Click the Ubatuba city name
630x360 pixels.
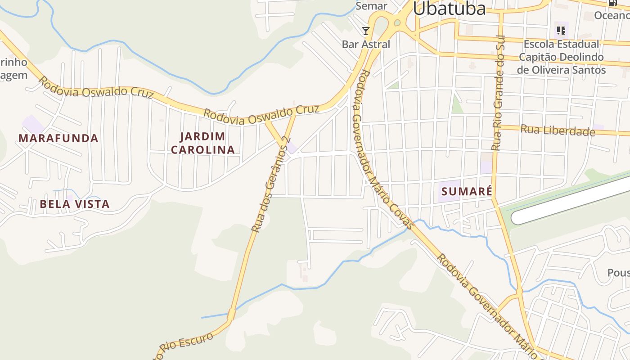tap(449, 9)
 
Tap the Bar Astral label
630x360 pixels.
tap(366, 44)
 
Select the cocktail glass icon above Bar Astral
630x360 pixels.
tap(366, 31)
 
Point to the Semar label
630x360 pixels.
tap(371, 6)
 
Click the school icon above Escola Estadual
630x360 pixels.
tap(561, 31)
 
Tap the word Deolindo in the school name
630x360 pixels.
tap(579, 57)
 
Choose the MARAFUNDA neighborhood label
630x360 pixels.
tap(58, 138)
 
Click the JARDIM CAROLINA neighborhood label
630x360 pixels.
tap(203, 143)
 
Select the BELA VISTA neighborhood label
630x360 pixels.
tap(75, 204)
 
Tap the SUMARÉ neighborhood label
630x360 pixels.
tap(467, 191)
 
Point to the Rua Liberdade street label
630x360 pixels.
tap(558, 130)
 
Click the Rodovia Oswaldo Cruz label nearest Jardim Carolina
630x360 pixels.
tap(261, 115)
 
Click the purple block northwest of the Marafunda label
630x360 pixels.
tap(33, 124)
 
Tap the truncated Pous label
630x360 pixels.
tap(618, 273)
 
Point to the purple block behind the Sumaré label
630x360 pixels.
tap(449, 191)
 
